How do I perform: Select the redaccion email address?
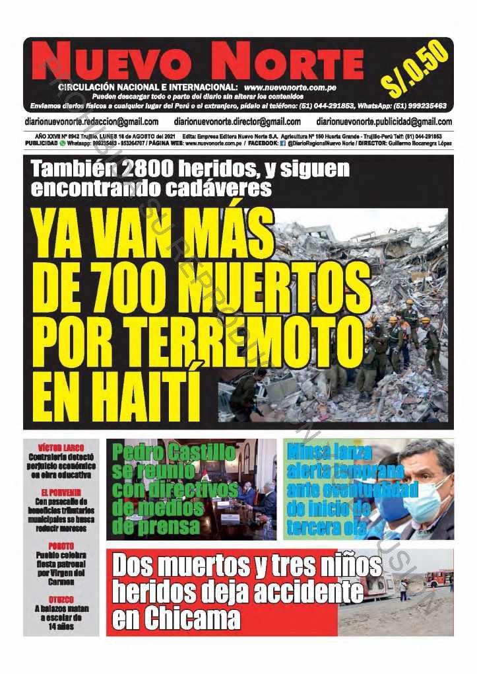(x=91, y=122)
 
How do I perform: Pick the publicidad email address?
(x=384, y=122)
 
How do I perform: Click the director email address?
(x=238, y=122)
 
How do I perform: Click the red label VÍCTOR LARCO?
(x=61, y=448)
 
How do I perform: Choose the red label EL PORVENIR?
(x=61, y=492)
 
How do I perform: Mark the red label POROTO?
(x=61, y=546)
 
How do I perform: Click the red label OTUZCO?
(x=61, y=599)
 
